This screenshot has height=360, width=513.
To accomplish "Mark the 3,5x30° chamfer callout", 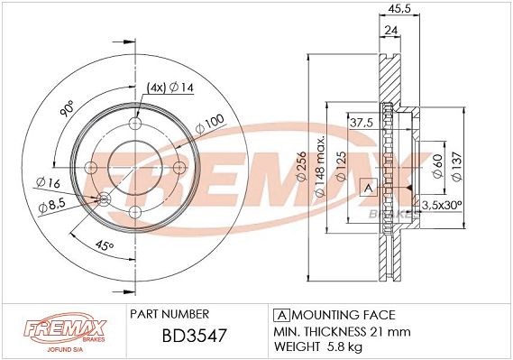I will pos(444,206).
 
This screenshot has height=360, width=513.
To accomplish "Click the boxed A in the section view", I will pos(366,187).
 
